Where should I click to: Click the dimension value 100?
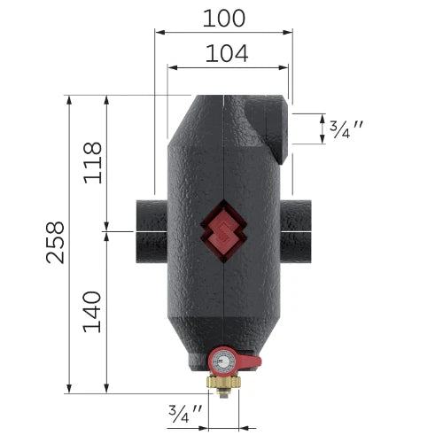click(224, 19)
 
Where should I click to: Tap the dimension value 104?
click(227, 53)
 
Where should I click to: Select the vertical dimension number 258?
click(55, 243)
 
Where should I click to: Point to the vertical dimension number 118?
click(93, 163)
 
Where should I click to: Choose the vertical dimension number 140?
click(92, 312)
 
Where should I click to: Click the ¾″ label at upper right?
click(346, 129)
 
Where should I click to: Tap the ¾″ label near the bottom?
click(185, 413)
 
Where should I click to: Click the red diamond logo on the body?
click(223, 231)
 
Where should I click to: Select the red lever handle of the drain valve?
click(249, 361)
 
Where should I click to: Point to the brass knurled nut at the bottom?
click(224, 382)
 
